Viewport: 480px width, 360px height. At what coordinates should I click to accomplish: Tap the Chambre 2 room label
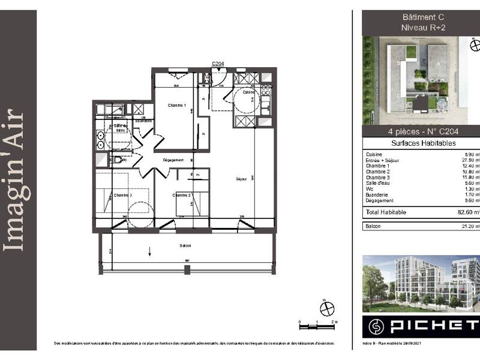coord(181,196)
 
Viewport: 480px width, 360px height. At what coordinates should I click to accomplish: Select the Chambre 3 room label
coord(122,196)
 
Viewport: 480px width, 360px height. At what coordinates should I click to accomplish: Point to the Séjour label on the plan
coord(242,179)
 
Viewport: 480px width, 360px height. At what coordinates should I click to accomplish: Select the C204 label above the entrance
coord(218,63)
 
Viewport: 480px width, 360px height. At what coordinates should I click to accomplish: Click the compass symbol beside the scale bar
coord(327,308)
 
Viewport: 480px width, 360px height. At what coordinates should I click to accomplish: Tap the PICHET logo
coord(420,327)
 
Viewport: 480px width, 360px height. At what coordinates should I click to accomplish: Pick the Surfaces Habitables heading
coord(423,143)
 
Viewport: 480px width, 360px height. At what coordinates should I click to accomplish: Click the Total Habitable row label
coord(386,212)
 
